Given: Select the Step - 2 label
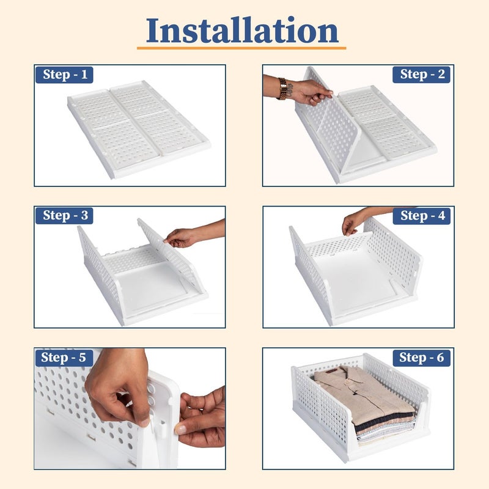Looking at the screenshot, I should click(x=421, y=75).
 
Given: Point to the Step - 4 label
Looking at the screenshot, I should click(x=421, y=215).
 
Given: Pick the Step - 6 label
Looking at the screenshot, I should click(x=421, y=358).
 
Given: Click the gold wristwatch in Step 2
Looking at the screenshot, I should click(x=283, y=88).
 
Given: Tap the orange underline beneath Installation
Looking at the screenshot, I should click(x=241, y=48).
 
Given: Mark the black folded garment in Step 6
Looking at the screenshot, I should click(x=385, y=422).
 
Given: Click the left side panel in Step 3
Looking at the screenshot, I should click(x=98, y=269).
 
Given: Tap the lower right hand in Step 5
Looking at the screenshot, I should click(x=202, y=419).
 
